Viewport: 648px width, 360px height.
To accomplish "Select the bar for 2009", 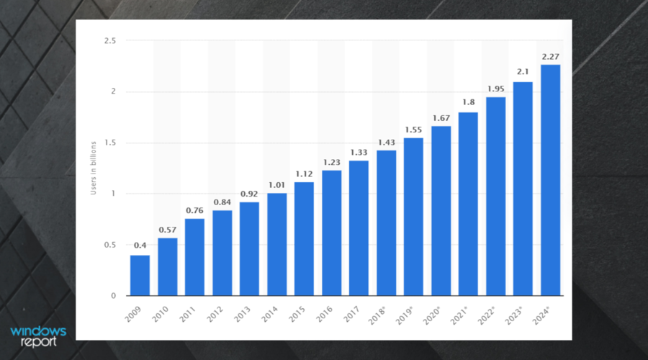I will [140, 276].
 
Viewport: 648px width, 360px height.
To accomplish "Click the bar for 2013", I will [249, 249].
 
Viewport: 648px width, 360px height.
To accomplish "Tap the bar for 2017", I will [359, 228].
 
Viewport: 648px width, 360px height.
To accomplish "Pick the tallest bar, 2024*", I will [550, 180].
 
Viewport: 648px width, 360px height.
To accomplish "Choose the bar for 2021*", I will [468, 204].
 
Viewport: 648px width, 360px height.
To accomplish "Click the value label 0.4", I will [140, 246].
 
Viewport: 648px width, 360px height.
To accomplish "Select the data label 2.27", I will [550, 56].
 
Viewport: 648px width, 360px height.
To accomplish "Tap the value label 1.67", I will [441, 117].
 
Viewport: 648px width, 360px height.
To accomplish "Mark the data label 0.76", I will [194, 210].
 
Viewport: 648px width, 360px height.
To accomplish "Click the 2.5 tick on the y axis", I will [109, 41].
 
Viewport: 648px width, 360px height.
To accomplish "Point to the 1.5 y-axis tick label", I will [109, 143].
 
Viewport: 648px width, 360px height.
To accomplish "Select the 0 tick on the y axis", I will [113, 296].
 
